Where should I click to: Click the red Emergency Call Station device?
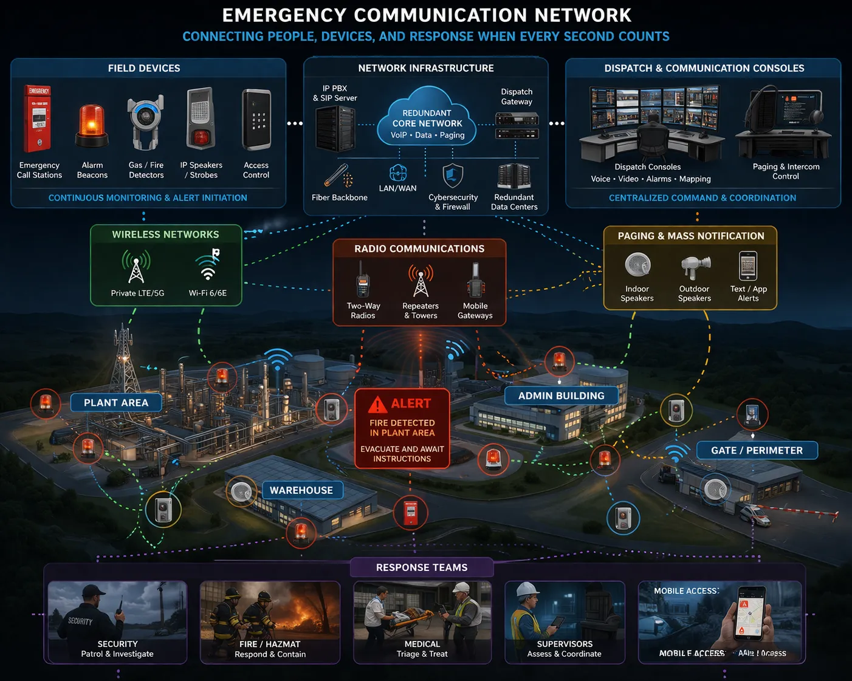[38, 119]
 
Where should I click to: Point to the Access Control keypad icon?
[256, 120]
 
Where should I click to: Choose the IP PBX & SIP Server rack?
[335, 128]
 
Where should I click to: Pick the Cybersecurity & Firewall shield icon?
[453, 176]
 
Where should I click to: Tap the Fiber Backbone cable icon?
[338, 176]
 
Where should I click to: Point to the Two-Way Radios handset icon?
[362, 281]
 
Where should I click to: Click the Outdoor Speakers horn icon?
[695, 267]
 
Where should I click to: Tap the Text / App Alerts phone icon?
[748, 266]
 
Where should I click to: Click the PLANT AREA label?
[116, 403]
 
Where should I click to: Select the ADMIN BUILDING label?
[561, 396]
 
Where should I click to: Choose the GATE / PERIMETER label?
[757, 451]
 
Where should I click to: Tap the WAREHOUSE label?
[301, 490]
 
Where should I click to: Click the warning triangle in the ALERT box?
[377, 404]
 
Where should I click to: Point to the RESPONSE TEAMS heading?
[422, 567]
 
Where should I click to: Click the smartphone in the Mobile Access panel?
[750, 614]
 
